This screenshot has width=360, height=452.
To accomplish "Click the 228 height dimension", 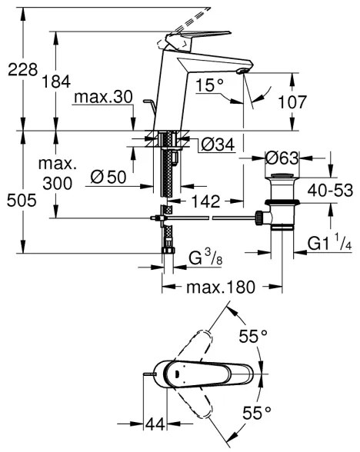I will click(18, 70).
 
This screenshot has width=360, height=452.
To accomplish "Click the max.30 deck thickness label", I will click(104, 98).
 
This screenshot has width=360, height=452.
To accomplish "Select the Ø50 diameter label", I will click(107, 177).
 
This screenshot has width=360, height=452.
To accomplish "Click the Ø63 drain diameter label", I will click(282, 158).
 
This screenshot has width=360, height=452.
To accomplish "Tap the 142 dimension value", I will click(204, 201).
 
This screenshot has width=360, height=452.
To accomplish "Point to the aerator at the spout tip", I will click(243, 71).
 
